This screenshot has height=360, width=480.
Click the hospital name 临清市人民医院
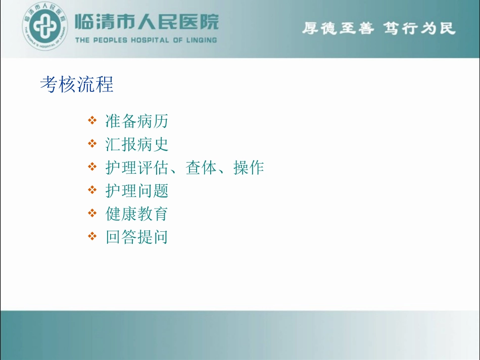click(147, 22)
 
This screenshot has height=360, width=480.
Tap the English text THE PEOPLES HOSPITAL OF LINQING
click(146, 40)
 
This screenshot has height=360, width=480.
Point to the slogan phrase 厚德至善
click(338, 28)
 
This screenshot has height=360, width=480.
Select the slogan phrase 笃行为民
click(419, 28)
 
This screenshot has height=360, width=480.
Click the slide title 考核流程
click(77, 84)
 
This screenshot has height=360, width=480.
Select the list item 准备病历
click(136, 121)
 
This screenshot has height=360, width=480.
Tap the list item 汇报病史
click(136, 144)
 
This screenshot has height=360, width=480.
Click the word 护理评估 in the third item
click(136, 168)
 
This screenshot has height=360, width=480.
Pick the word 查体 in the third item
click(201, 168)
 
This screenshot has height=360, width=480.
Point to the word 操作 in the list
click(249, 168)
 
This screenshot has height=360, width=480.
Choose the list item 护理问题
click(136, 190)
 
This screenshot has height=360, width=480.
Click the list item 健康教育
click(136, 214)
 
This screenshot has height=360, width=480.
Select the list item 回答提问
click(136, 237)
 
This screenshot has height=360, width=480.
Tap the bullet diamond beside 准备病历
click(92, 121)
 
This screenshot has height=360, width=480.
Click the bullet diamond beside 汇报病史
click(92, 144)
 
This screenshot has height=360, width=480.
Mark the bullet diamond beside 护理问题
click(92, 190)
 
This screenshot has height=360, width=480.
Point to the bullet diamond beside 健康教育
click(92, 213)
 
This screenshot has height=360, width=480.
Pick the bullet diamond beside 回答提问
click(92, 236)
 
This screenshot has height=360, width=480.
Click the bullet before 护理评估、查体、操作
click(92, 167)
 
